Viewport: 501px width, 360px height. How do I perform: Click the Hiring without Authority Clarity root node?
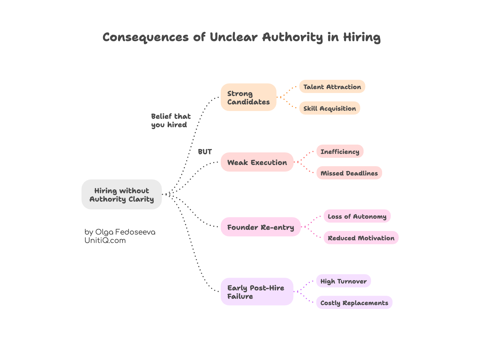[122, 195]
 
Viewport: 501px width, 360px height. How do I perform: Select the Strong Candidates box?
[248, 97]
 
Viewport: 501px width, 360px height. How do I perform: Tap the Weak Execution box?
[257, 162]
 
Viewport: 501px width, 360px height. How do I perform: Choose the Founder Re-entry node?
[261, 227]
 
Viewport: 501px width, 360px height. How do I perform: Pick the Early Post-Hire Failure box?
[257, 292]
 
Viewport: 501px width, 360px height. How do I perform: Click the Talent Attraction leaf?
[332, 87]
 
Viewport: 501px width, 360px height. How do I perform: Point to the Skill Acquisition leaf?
[329, 108]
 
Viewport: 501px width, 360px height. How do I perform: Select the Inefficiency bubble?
[340, 151]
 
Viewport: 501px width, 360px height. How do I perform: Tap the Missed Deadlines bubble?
[349, 173]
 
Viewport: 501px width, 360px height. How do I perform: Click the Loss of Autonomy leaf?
[357, 216]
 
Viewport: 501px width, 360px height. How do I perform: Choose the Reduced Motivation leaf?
[361, 238]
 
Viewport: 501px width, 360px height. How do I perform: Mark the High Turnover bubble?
[343, 281]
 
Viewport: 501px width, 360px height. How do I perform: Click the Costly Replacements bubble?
[354, 303]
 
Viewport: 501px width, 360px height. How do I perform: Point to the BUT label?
[205, 152]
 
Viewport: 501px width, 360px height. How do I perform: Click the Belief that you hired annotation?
[171, 120]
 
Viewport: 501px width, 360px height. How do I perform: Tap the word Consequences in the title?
[146, 37]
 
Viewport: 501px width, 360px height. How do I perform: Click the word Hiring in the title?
[362, 37]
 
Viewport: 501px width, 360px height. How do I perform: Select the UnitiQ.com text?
[105, 240]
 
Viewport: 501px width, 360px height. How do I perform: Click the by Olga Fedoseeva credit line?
[120, 232]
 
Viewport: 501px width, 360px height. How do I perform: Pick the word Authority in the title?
[292, 37]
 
